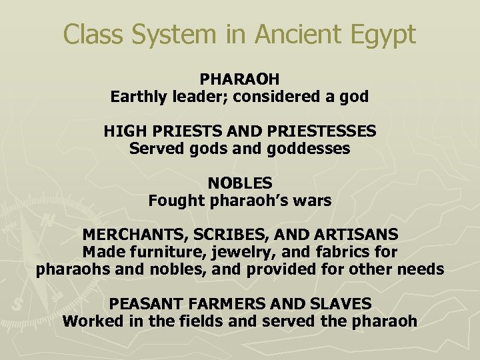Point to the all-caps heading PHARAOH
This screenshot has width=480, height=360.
pyautogui.click(x=239, y=79)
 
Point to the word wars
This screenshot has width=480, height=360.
pyautogui.click(x=313, y=201)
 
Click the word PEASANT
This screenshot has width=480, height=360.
pyautogui.click(x=144, y=304)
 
